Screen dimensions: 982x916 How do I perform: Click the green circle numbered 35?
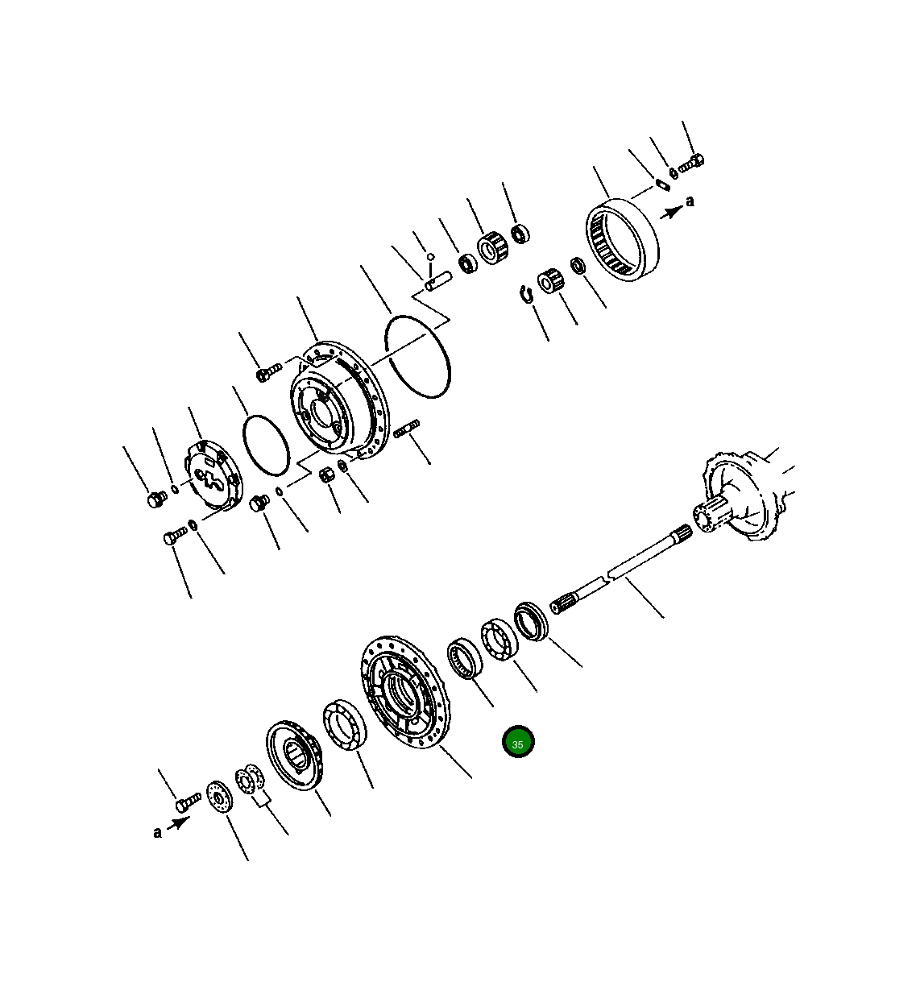(517, 743)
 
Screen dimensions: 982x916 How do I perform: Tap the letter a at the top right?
(690, 201)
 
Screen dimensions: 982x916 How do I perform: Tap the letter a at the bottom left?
(157, 832)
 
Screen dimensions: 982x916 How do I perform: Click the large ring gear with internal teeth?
(622, 239)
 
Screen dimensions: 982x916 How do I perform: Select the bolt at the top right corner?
(692, 164)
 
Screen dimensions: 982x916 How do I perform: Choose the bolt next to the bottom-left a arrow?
(188, 801)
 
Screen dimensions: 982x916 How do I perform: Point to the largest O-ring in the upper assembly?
(417, 355)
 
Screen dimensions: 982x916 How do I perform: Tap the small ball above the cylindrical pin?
(431, 257)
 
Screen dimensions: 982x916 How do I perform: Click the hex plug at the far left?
(155, 500)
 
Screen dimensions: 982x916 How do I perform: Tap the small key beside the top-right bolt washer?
(661, 184)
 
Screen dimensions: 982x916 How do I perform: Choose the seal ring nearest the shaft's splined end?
(531, 621)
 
